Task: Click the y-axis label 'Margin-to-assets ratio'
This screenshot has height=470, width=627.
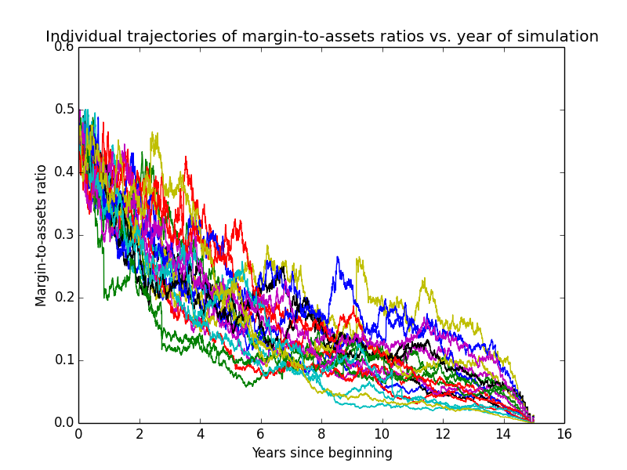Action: [x=41, y=236]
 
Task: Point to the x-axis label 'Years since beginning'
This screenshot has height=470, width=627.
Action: [x=322, y=454]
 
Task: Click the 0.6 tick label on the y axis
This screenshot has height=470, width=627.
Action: [x=64, y=47]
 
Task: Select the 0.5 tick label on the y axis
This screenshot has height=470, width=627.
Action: [x=64, y=110]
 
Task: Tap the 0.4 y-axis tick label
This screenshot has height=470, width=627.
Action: [x=64, y=172]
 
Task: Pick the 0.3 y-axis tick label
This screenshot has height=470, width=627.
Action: [x=64, y=235]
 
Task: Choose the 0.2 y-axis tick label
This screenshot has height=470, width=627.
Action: [x=64, y=298]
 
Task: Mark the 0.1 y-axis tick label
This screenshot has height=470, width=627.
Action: [x=64, y=360]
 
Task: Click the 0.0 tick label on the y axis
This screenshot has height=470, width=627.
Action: [x=64, y=423]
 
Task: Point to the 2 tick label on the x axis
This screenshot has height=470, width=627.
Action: [x=140, y=435]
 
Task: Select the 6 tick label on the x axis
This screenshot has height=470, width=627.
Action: [x=261, y=435]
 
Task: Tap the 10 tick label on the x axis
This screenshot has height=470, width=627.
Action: [x=382, y=435]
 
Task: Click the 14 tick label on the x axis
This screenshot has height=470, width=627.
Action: [x=504, y=435]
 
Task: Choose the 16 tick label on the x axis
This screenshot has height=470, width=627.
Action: [x=564, y=435]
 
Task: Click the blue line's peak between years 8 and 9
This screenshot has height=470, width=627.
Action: [x=338, y=257]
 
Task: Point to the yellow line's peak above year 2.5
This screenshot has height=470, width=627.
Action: [x=152, y=132]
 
